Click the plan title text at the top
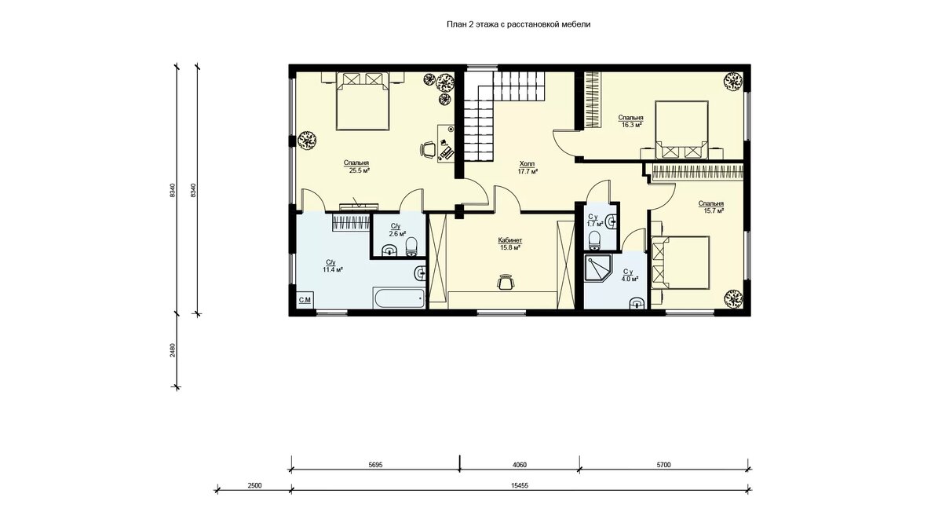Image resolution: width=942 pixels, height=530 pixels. coord(518,24)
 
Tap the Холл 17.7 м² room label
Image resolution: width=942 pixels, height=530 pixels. coord(528,167)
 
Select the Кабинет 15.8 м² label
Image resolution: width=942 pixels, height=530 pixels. coord(510,244)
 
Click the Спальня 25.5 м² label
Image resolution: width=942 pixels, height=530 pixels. coord(356,166)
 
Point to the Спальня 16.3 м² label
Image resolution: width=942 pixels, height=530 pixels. coord(631,121)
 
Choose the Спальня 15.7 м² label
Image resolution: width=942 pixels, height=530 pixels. coord(711,207)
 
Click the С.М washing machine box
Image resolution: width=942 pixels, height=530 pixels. coord(305,299)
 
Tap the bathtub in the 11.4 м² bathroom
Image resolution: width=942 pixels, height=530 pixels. coord(398,298)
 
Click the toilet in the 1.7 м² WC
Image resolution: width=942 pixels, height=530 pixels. coord(595,239)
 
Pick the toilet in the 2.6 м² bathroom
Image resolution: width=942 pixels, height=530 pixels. coord(411,247)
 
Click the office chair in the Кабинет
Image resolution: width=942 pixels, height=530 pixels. coord(506,282)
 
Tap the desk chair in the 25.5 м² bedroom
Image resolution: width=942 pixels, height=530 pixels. coord(428,150)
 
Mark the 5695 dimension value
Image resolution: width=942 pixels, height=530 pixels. coord(375,465)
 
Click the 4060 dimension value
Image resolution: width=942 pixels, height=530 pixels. coord(520,465)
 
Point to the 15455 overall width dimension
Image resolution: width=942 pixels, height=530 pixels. coord(520,485)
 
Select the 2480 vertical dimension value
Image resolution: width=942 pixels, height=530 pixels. coord(173,350)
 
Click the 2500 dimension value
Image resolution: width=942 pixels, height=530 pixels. coord(254,485)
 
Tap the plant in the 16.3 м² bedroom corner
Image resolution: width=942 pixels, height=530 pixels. coord(732,81)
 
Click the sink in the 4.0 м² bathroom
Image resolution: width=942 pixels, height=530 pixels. coord(637,303)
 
